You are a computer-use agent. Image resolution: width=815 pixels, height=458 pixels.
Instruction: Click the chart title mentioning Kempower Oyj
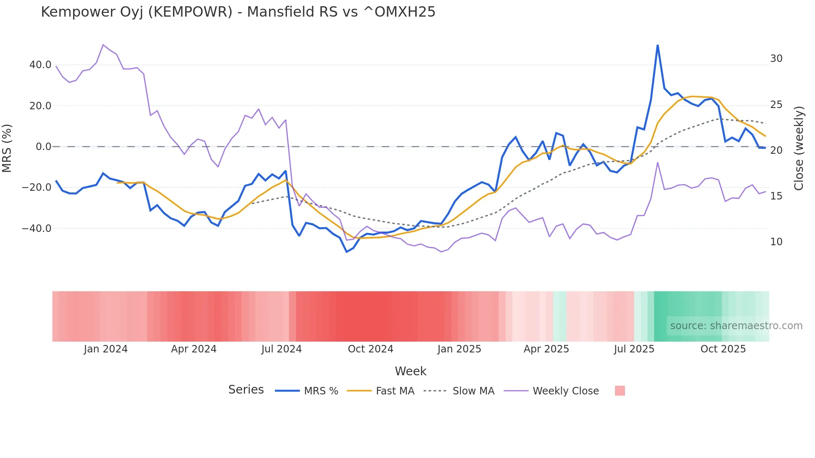(x=238, y=12)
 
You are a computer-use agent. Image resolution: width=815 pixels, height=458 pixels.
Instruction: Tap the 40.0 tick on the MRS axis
(x=40, y=65)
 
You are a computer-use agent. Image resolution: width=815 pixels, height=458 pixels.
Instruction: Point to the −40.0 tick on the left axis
(x=37, y=229)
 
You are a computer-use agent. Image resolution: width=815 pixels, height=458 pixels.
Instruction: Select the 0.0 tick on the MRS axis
(x=43, y=147)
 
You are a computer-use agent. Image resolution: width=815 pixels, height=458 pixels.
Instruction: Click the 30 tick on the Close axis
(x=776, y=59)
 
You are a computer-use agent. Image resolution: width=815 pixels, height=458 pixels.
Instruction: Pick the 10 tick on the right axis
(x=776, y=242)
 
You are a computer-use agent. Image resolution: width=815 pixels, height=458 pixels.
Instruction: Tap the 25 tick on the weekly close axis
(x=776, y=105)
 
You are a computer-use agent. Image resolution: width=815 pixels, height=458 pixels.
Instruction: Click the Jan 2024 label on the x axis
(x=106, y=349)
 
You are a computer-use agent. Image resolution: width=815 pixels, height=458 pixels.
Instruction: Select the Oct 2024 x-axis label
(x=370, y=349)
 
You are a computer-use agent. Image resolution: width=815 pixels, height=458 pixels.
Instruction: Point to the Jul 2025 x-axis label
(x=634, y=349)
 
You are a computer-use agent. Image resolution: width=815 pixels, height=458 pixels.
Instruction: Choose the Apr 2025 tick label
(x=546, y=349)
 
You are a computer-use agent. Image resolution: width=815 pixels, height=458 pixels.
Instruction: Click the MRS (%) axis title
(x=7, y=148)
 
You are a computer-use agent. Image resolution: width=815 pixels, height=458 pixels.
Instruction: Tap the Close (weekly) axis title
(x=799, y=148)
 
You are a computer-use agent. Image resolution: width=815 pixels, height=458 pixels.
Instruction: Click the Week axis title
(x=410, y=371)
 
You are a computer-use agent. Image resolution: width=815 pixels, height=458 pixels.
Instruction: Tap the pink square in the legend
(x=620, y=391)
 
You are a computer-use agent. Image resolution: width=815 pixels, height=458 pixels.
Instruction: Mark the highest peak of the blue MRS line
(x=657, y=45)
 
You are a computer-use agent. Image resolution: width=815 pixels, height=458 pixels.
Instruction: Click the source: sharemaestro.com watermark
(x=736, y=326)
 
